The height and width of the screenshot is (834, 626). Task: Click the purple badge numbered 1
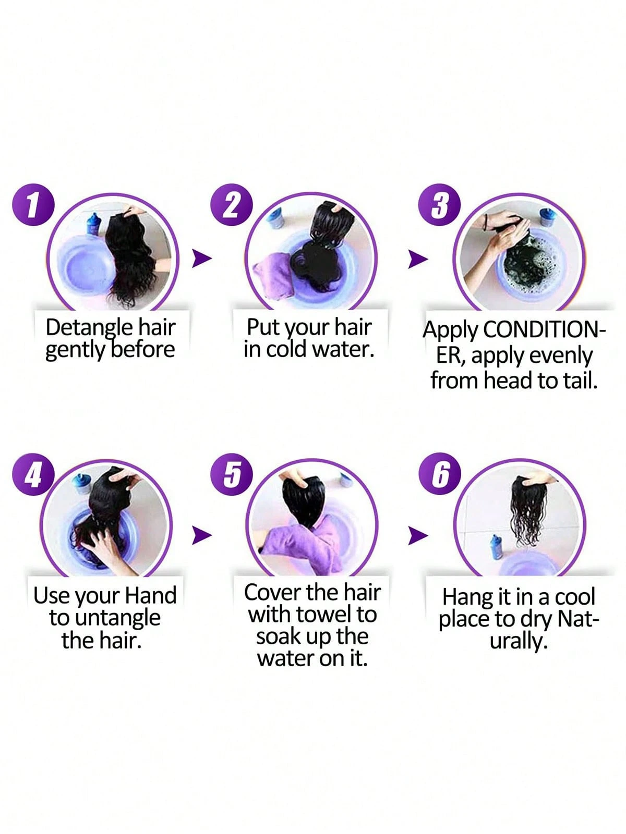click(x=33, y=205)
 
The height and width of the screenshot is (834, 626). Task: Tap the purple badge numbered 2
click(x=232, y=205)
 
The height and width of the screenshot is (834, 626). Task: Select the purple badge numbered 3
click(x=439, y=205)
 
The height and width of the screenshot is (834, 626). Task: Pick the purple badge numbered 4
click(x=33, y=474)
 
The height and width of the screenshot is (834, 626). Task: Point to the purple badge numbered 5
click(x=232, y=474)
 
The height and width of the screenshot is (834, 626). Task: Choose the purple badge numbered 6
click(x=440, y=474)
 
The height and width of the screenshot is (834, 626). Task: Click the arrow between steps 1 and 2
click(x=201, y=259)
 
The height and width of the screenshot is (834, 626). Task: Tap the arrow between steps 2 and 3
click(x=417, y=260)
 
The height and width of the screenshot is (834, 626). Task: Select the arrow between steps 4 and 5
click(x=201, y=535)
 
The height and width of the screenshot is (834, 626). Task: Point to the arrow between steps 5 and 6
click(x=417, y=536)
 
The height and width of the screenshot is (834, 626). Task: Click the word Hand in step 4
click(x=151, y=596)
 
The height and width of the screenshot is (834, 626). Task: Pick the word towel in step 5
click(x=324, y=615)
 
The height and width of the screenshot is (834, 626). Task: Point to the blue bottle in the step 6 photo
click(x=496, y=547)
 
